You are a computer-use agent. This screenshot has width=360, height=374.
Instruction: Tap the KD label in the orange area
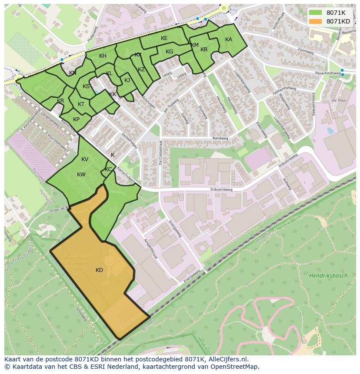[x=99, y=270]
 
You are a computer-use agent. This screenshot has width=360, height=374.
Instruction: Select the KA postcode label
[x=229, y=40]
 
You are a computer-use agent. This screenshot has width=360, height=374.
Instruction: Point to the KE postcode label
[x=164, y=38]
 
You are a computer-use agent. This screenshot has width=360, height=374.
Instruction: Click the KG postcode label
[x=169, y=52]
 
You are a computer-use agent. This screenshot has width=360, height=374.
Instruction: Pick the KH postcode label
[x=103, y=56]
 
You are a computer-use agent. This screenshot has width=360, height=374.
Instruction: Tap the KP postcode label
[x=76, y=119]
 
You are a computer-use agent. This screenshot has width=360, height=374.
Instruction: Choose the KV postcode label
[x=85, y=159]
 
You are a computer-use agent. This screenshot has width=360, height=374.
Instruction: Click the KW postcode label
[x=81, y=175]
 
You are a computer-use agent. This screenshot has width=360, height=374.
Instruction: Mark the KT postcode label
[x=81, y=104]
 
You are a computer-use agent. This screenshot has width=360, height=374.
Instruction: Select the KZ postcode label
[x=141, y=70]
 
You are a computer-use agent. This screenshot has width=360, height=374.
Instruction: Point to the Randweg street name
[x=220, y=139]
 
